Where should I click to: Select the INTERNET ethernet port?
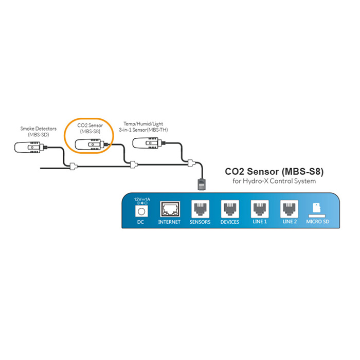point(169,209)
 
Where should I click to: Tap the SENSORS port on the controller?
point(200,209)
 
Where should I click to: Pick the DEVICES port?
point(229,209)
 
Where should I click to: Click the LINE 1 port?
point(259,209)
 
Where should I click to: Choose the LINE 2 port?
point(290,209)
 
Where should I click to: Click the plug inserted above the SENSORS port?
point(200,184)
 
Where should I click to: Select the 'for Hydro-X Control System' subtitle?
point(274,181)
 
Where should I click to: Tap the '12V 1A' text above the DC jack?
point(141,198)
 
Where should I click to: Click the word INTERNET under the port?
point(169,222)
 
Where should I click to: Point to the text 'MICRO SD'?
point(319,222)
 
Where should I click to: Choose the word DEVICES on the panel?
point(229,222)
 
